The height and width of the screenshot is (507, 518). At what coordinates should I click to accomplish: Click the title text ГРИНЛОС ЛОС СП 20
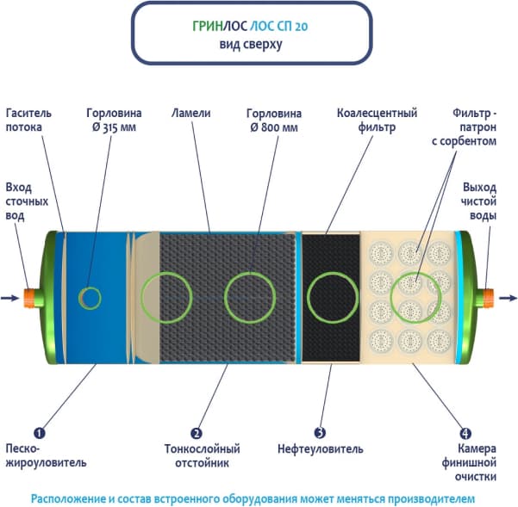pyautogui.click(x=258, y=26)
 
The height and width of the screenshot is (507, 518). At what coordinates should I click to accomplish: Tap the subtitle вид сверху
pyautogui.click(x=258, y=44)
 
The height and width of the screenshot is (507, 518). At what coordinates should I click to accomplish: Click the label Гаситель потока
pyautogui.click(x=29, y=120)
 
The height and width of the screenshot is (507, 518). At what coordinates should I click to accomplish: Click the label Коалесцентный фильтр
pyautogui.click(x=365, y=120)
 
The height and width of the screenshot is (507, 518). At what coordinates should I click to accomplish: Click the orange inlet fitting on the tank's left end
pyautogui.click(x=31, y=298)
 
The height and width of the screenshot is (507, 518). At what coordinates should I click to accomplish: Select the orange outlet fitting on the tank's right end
pyautogui.click(x=489, y=298)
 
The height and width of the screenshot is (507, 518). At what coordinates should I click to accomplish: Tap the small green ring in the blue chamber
pyautogui.click(x=89, y=298)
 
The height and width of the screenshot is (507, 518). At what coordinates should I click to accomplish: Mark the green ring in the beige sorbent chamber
pyautogui.click(x=417, y=295)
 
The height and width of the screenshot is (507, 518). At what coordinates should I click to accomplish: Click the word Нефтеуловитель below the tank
pyautogui.click(x=321, y=449)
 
